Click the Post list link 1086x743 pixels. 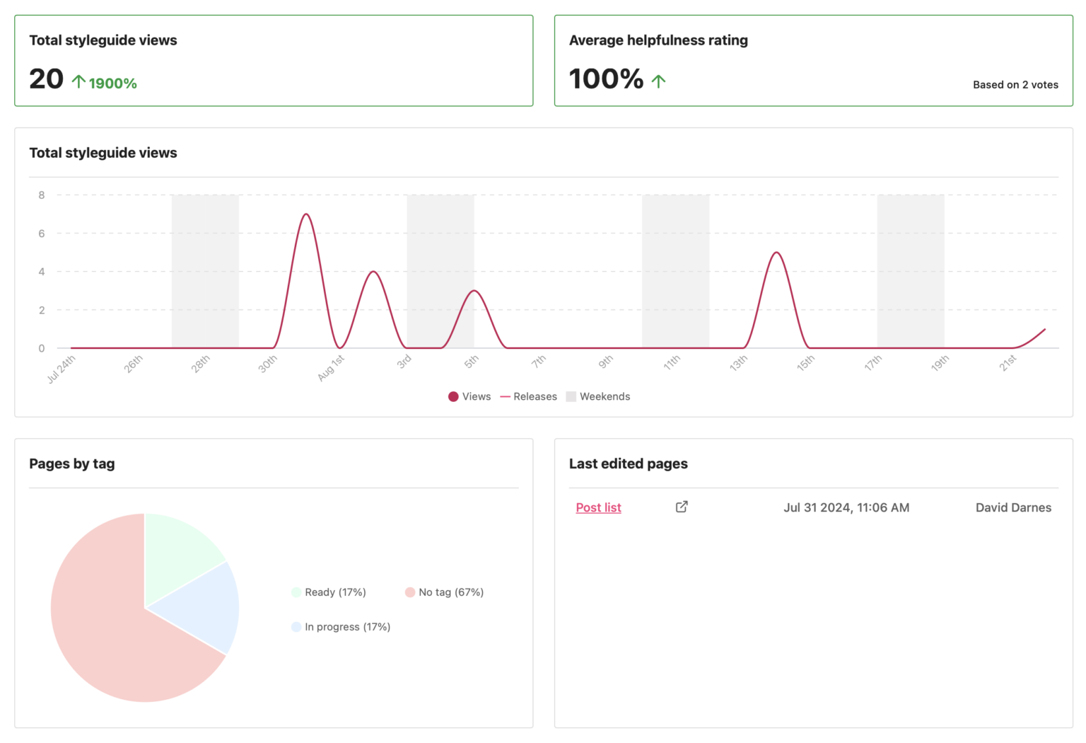598,507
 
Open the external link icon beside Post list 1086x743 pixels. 682,507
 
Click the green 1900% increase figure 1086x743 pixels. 112,83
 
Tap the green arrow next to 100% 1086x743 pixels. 658,81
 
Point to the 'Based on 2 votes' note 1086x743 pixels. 1015,85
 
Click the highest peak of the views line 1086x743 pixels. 306,214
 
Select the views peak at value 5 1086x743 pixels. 777,253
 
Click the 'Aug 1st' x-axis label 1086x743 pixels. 331,368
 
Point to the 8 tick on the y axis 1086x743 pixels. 42,195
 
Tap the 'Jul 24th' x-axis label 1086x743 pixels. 62,369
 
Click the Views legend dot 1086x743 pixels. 453,396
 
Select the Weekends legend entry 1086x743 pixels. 598,396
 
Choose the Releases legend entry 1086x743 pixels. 529,396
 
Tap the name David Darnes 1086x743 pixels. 1013,507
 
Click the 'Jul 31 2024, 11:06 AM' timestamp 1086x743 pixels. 846,507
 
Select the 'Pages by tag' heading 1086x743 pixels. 72,463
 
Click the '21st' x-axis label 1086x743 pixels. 1008,363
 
